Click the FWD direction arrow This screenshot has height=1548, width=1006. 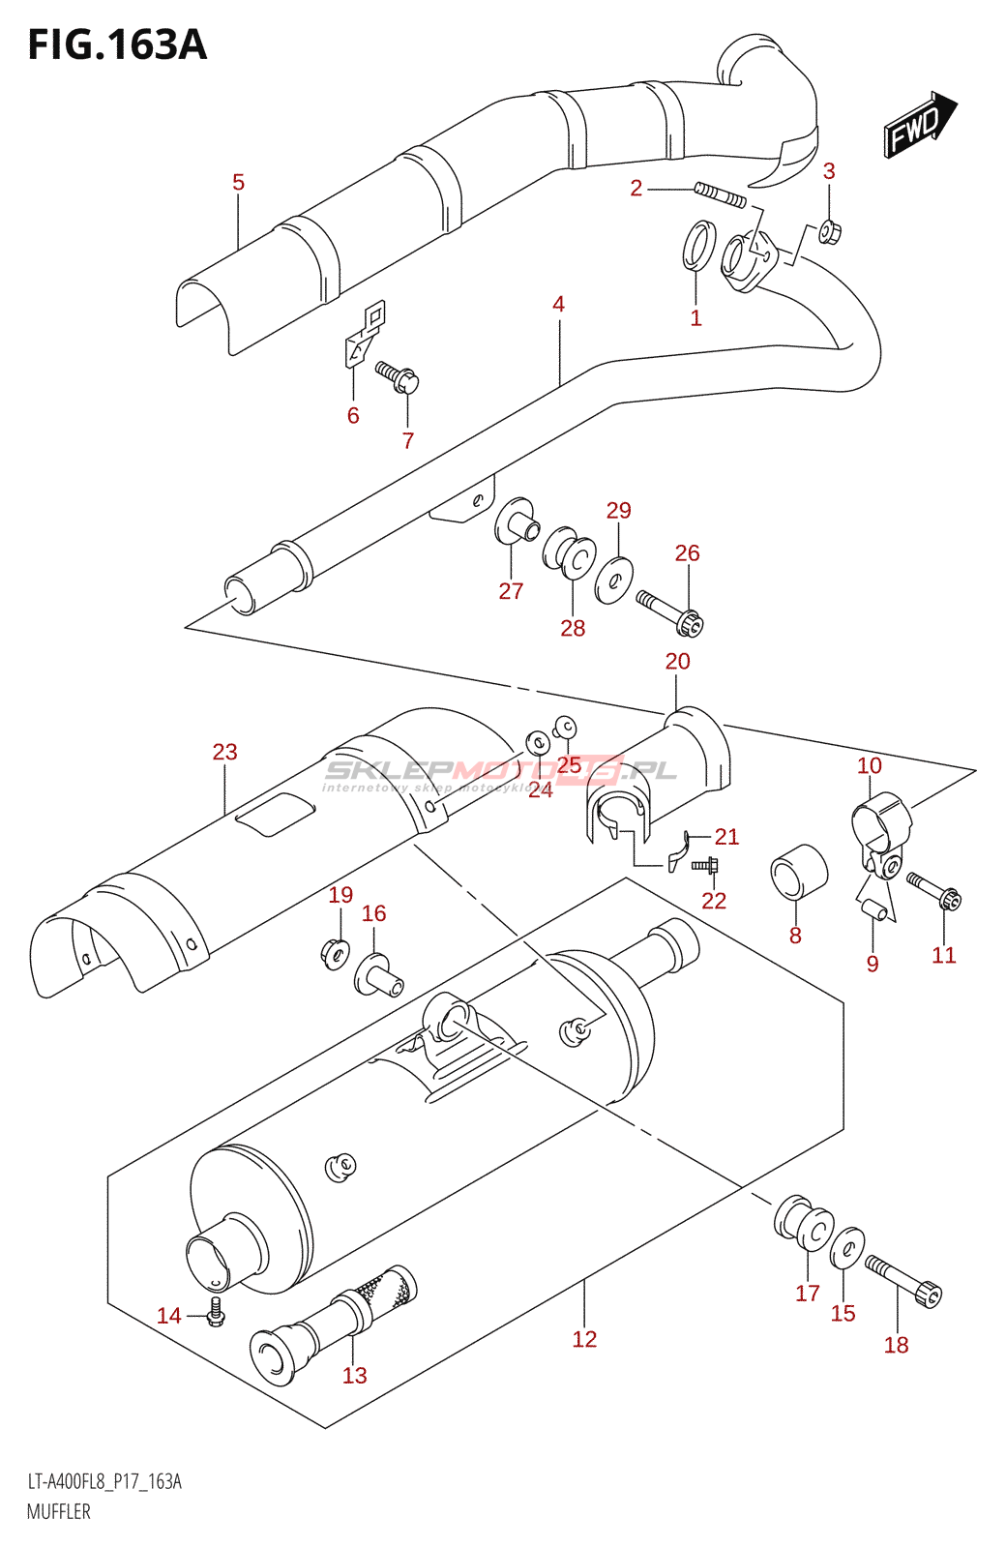919,124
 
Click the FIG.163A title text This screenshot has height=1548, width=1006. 117,45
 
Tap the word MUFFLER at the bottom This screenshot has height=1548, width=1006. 58,1511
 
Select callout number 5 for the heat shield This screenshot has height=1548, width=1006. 238,182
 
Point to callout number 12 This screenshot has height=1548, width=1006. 584,1339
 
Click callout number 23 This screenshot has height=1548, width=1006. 224,752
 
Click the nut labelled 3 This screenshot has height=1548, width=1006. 829,231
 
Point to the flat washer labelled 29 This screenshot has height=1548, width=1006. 614,580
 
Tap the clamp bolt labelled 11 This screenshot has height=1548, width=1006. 933,890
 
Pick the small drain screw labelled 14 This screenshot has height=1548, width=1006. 216,1315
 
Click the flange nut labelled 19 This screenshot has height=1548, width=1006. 335,953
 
